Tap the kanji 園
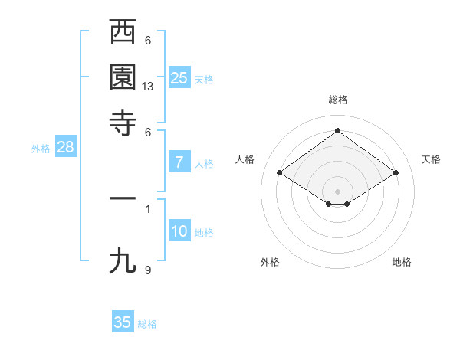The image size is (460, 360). pyautogui.click(x=123, y=77)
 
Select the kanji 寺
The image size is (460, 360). pyautogui.click(x=123, y=122)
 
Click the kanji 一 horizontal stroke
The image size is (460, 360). pyautogui.click(x=123, y=199)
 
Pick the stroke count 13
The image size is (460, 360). pyautogui.click(x=148, y=87)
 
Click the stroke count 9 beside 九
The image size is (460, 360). pyautogui.click(x=148, y=270)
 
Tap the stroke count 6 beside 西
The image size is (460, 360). pyautogui.click(x=148, y=41)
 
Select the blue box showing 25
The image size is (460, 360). pyautogui.click(x=179, y=77)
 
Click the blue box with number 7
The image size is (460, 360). pyautogui.click(x=179, y=162)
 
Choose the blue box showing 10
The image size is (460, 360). pyautogui.click(x=179, y=231)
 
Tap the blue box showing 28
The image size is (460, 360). pyautogui.click(x=65, y=148)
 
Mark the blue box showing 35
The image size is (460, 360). pyautogui.click(x=123, y=322)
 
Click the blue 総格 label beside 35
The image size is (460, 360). pyautogui.click(x=147, y=324)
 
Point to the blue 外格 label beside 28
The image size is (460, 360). pyautogui.click(x=41, y=149)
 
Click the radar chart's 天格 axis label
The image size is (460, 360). pyautogui.click(x=431, y=159)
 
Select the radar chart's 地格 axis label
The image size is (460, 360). pyautogui.click(x=402, y=262)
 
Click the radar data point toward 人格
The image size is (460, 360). pyautogui.click(x=280, y=173)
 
